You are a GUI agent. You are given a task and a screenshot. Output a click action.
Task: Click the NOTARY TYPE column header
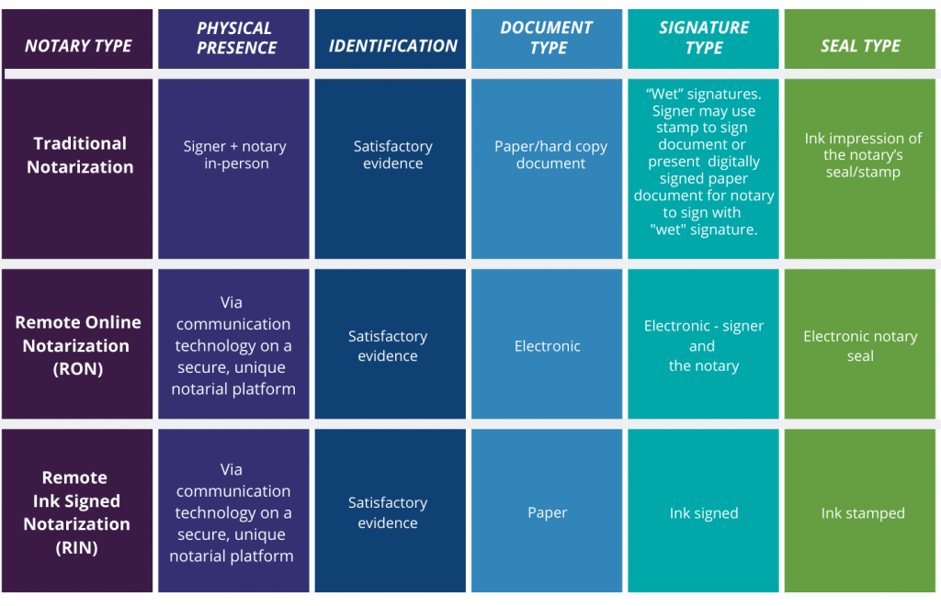click(78, 46)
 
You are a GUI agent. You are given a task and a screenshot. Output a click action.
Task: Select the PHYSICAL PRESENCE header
click(235, 39)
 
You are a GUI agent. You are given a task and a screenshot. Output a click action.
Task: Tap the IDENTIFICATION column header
click(392, 46)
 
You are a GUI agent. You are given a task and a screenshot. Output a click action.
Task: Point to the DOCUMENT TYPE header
click(548, 39)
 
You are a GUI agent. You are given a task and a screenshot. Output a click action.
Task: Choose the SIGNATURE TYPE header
click(704, 39)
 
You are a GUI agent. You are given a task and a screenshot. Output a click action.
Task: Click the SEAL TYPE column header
click(860, 46)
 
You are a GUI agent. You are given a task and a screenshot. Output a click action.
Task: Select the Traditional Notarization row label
click(80, 155)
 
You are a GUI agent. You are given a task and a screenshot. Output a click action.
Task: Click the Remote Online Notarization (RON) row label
click(77, 345)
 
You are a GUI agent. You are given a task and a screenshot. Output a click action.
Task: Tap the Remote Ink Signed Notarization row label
click(76, 512)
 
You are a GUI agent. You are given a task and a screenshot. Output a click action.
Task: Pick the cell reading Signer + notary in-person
click(234, 155)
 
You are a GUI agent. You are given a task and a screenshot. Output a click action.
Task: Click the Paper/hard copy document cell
click(550, 154)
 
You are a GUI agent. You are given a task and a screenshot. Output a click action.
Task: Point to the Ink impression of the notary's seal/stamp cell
click(863, 155)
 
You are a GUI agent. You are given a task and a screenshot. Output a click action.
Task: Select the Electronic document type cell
click(548, 346)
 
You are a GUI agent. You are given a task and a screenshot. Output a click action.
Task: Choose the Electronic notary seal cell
click(860, 346)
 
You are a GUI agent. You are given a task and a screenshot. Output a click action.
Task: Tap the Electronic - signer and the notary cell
click(704, 346)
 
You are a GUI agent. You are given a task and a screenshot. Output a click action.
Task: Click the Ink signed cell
click(704, 513)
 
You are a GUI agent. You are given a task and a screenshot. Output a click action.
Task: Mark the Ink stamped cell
click(863, 513)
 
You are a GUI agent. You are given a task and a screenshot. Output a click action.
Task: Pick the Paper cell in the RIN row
click(548, 513)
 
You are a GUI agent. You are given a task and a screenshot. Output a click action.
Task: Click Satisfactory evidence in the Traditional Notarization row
click(392, 154)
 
